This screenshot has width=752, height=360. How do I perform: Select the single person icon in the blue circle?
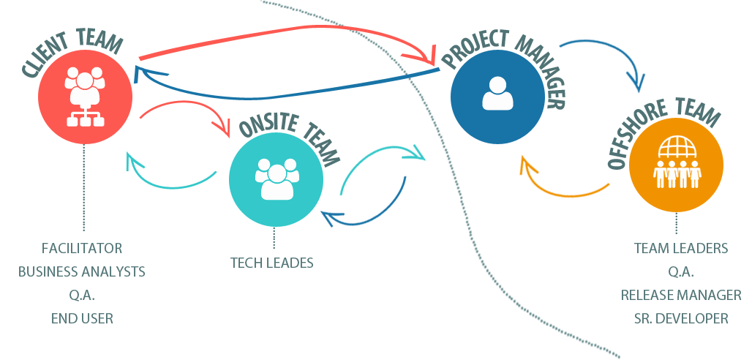(x=497, y=93)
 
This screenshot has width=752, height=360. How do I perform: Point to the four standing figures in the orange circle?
(x=676, y=176)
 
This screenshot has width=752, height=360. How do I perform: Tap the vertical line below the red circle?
(x=84, y=187)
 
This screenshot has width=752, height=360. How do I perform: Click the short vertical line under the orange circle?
(x=676, y=223)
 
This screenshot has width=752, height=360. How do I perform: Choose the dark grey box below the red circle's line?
(x=81, y=283)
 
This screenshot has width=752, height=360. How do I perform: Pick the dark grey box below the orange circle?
(x=681, y=283)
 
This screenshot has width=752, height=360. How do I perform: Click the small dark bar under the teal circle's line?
(x=271, y=262)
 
